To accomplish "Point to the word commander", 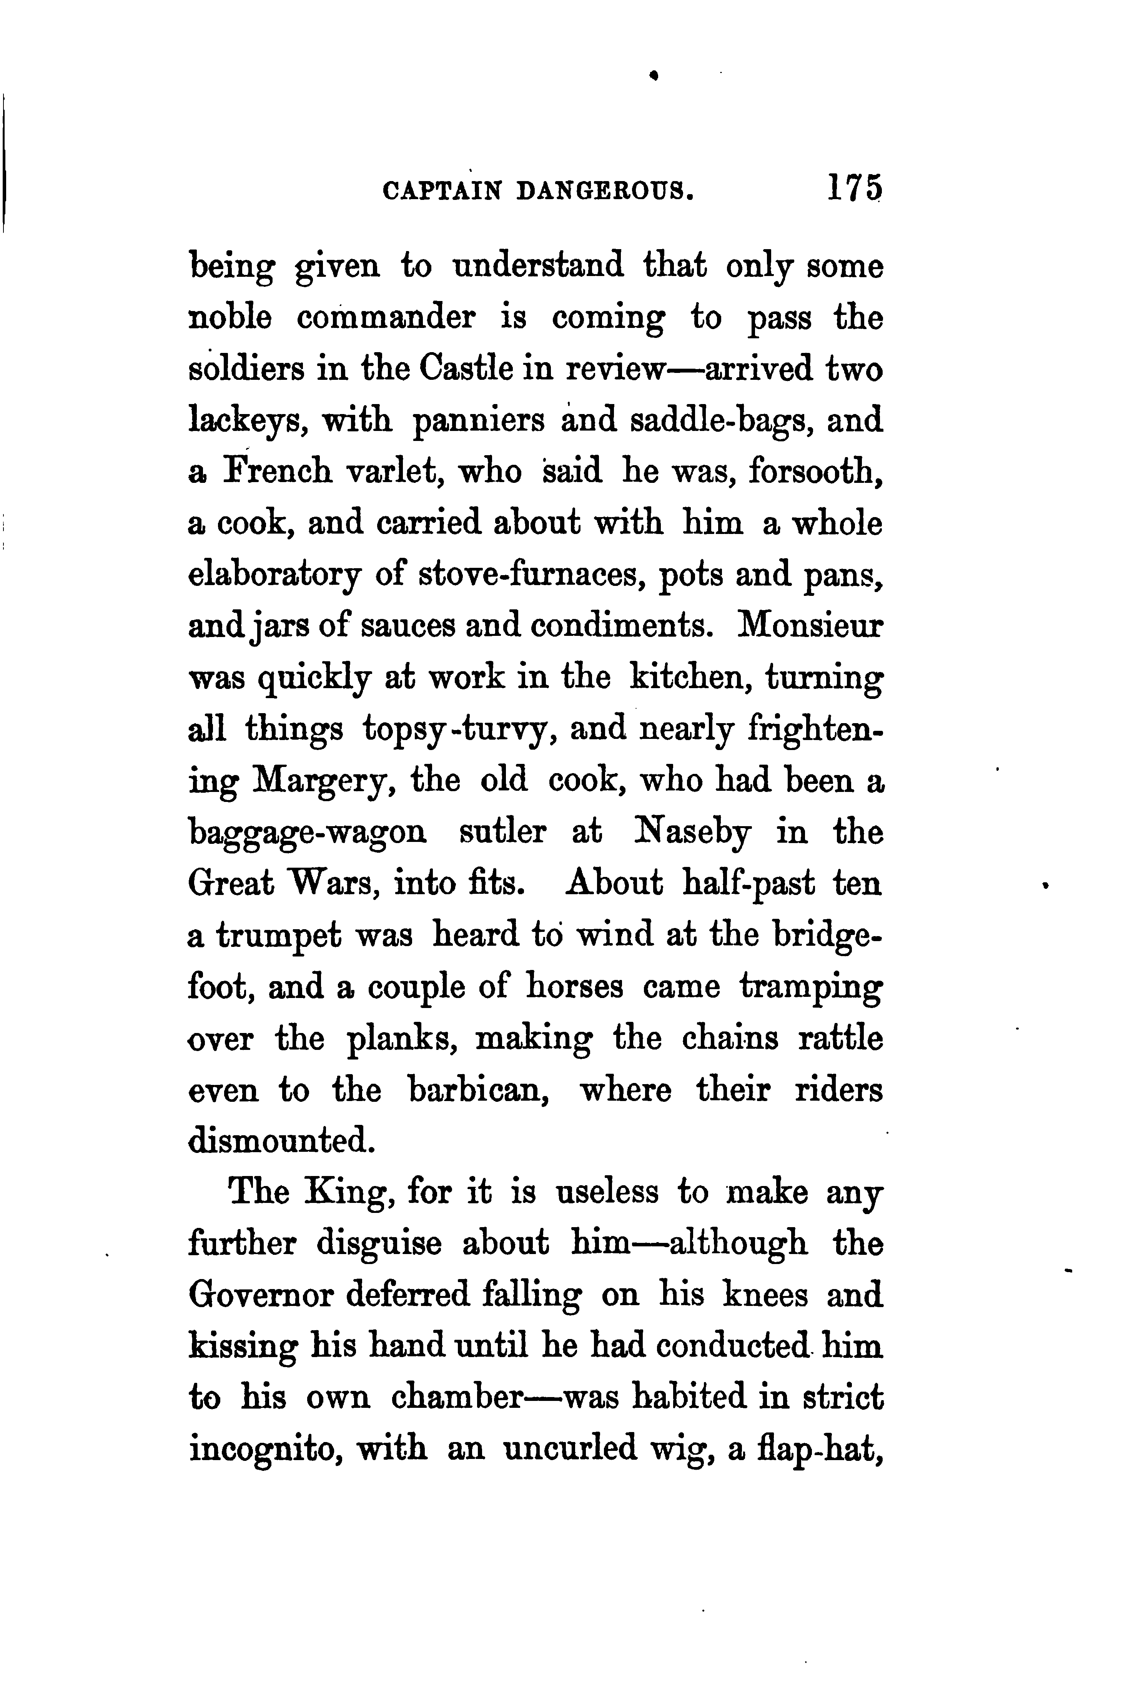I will pos(386,318).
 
